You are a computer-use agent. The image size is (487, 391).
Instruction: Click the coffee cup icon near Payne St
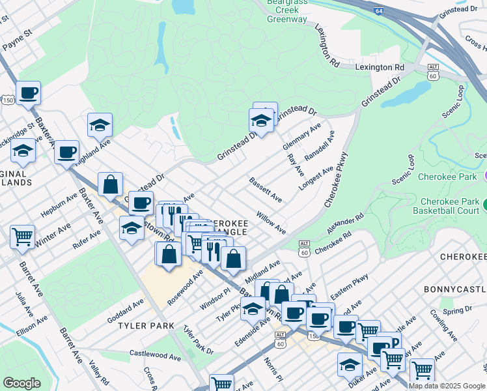[28, 93]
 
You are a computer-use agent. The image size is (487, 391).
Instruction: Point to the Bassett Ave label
[266, 188]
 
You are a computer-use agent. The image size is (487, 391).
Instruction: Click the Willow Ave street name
[271, 222]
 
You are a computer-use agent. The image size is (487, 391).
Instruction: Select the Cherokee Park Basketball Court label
[449, 206]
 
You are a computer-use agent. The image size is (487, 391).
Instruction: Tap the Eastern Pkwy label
[350, 286]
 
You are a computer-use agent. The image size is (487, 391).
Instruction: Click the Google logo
[21, 383]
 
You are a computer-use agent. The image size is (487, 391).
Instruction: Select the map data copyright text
[447, 385]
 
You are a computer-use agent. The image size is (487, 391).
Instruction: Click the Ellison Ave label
[33, 325]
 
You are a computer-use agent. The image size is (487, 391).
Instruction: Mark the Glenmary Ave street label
[303, 138]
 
